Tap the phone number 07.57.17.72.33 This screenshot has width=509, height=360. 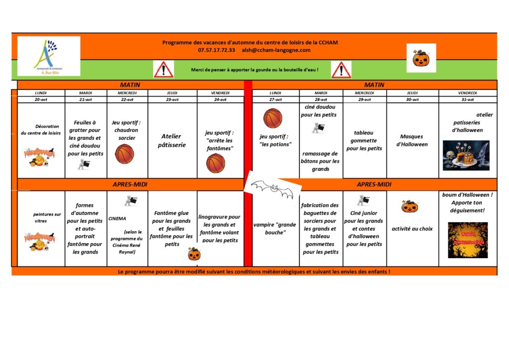point(216,50)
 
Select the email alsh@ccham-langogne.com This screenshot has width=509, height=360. point(276,50)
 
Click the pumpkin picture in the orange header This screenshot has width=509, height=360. point(421,58)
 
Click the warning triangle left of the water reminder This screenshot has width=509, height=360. point(164,70)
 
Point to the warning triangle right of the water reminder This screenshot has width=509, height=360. point(341,70)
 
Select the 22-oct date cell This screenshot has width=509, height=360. point(127,99)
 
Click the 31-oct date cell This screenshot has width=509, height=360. point(467,99)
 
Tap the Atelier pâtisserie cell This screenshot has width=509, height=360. point(171,140)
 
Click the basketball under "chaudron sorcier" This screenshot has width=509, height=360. point(124,154)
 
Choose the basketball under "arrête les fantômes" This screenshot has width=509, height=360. point(216,163)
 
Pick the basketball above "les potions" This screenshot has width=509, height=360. point(273,118)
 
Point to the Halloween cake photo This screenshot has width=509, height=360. point(466,155)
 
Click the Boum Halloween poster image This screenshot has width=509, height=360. point(467,240)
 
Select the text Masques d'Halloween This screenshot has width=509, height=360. point(412,140)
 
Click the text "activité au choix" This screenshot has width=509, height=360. point(412,229)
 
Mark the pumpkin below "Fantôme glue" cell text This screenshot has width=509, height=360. point(194,255)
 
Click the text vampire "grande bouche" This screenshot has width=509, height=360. point(275,228)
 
